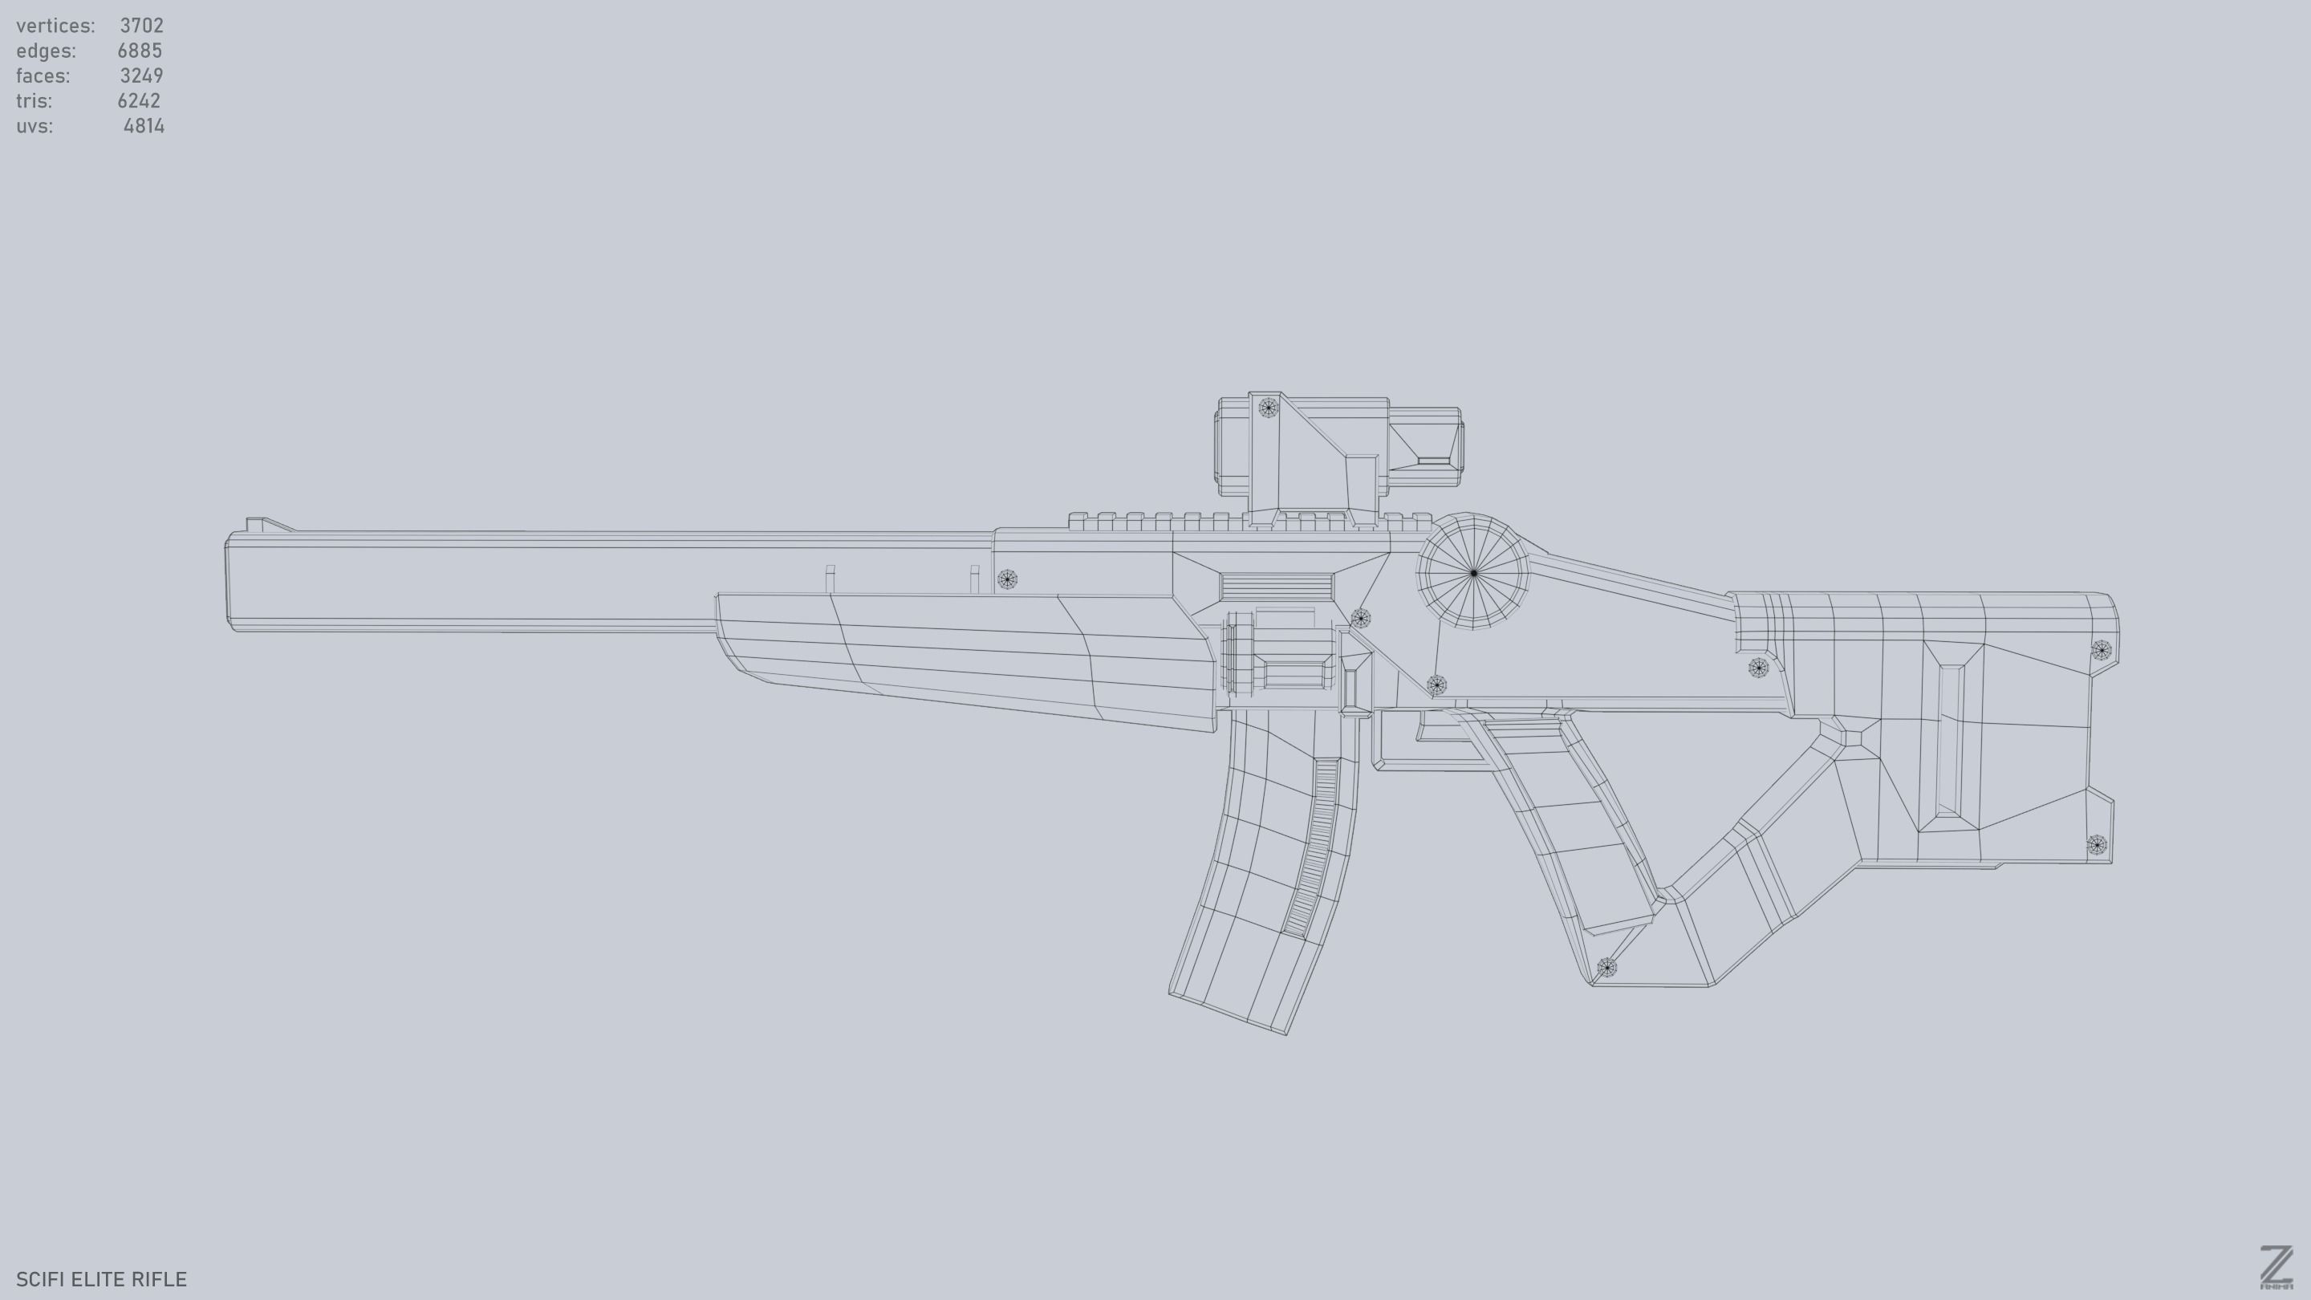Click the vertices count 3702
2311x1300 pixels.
tap(141, 25)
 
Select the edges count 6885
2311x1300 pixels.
tap(139, 51)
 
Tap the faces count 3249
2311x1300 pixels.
tap(141, 75)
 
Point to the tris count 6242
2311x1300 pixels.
tap(138, 100)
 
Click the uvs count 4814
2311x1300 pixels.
tap(144, 126)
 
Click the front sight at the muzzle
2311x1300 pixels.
tap(259, 525)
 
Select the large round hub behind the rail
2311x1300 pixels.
tap(1473, 572)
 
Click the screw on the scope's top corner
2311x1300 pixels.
tap(1268, 408)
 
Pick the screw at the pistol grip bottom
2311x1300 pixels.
tap(1606, 967)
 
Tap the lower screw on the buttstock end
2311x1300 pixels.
tap(2097, 844)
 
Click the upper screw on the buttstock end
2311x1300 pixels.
tap(2101, 649)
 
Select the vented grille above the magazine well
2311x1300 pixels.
tap(1275, 587)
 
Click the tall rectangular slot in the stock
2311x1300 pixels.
tap(1948, 740)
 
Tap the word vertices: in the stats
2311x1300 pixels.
tap(55, 25)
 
